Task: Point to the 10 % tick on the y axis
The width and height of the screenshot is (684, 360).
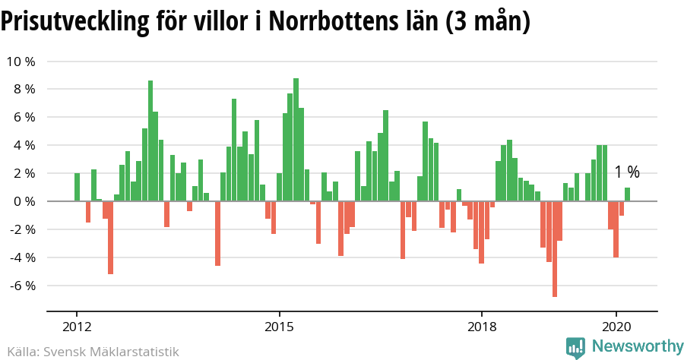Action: [21, 62]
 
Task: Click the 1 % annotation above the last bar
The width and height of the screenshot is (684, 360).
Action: [627, 172]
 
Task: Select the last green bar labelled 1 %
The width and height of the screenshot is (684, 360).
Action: [628, 194]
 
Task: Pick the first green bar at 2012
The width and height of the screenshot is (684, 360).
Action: [77, 188]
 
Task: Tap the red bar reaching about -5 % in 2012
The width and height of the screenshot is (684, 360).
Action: [110, 237]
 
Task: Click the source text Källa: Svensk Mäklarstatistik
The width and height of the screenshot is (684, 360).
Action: [89, 352]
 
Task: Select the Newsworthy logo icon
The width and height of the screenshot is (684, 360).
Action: [576, 347]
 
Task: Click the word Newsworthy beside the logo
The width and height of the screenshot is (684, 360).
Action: [637, 346]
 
